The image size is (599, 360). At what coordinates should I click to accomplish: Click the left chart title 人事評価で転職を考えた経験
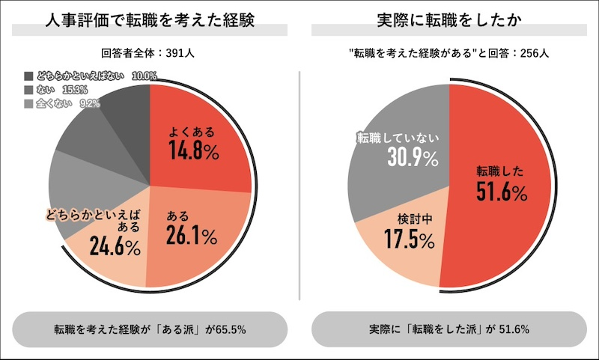(x=150, y=21)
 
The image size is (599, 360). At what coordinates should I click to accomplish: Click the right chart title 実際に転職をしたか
(x=449, y=21)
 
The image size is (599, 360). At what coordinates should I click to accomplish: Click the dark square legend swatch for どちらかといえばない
(x=29, y=76)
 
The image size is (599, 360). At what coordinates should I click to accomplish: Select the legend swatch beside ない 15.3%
(x=29, y=90)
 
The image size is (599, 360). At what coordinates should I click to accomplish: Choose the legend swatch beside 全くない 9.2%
(x=29, y=103)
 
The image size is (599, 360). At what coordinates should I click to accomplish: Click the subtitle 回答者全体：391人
(x=150, y=53)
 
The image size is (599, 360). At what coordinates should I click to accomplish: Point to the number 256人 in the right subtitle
(x=532, y=53)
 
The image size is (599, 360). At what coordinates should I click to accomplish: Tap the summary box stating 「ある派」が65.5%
(x=150, y=329)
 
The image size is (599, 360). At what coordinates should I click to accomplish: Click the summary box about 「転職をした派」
(x=449, y=329)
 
